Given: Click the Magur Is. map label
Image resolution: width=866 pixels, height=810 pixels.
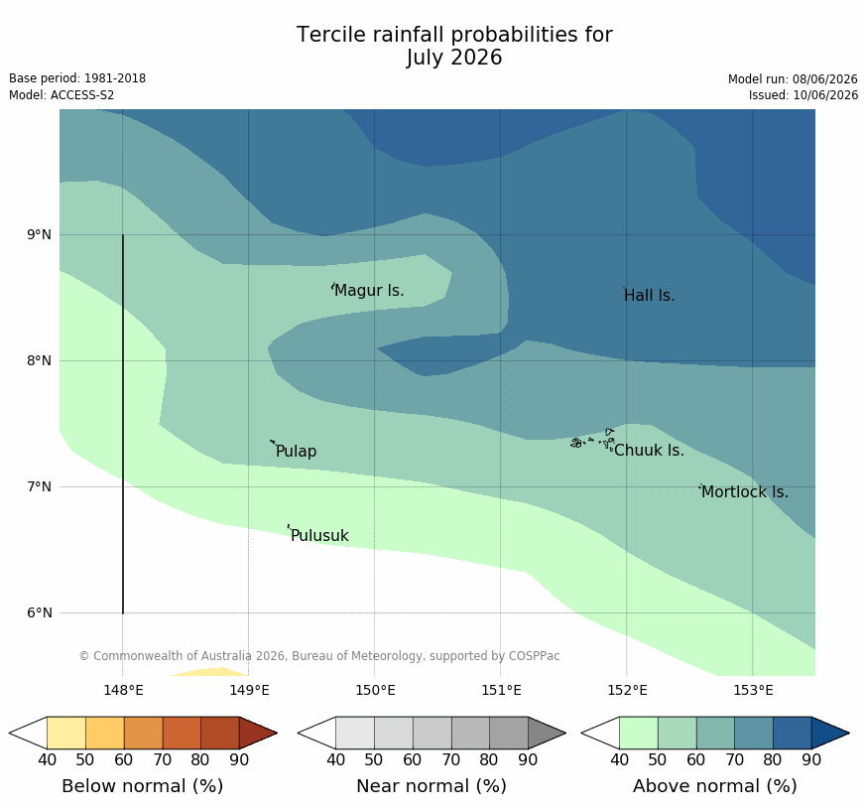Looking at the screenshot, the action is [x=369, y=290].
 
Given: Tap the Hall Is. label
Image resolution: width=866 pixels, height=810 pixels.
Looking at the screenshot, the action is [x=650, y=296].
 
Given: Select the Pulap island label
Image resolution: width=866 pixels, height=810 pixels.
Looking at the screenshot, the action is [x=296, y=452].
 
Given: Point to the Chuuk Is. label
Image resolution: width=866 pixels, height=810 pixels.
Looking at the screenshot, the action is [x=649, y=451].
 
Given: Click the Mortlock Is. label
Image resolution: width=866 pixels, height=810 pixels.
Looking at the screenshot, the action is [x=745, y=491].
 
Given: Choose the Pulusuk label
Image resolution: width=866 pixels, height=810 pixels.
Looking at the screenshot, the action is [x=319, y=535].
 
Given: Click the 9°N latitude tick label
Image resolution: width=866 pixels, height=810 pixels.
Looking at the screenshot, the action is [x=39, y=235].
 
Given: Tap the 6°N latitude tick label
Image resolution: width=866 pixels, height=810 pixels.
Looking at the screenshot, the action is [x=39, y=612].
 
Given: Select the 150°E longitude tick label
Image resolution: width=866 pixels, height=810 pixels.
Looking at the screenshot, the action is [x=375, y=690].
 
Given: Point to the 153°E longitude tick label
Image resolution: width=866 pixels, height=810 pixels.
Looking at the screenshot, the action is [x=753, y=690].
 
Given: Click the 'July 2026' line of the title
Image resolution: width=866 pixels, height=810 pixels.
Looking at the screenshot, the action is [x=454, y=58].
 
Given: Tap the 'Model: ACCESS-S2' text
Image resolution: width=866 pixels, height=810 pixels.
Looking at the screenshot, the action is [x=62, y=95].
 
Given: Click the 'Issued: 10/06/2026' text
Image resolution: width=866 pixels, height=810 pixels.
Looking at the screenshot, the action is [x=804, y=95].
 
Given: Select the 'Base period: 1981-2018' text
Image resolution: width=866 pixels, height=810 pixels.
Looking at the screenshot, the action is [x=77, y=78].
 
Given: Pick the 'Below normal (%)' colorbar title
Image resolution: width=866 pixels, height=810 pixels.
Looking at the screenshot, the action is [x=143, y=786].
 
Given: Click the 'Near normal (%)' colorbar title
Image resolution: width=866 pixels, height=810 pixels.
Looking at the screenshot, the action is [x=432, y=786].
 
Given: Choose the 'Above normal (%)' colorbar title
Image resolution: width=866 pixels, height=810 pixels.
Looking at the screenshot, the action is [x=714, y=786].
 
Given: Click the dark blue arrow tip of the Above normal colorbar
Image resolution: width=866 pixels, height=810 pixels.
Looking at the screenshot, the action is [x=849, y=734].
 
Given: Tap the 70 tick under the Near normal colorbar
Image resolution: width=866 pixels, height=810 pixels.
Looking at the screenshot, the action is [x=450, y=759].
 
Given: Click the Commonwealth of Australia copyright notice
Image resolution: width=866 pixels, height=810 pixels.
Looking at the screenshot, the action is [x=319, y=656].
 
